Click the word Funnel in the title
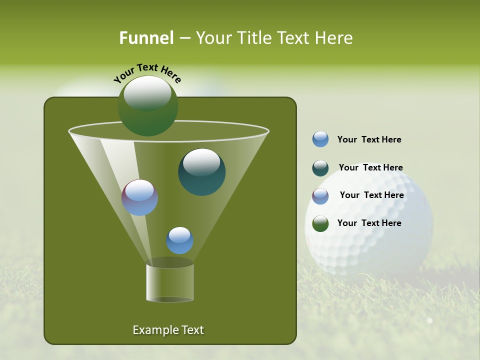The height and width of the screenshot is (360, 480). (x=146, y=38)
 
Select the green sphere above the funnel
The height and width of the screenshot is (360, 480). (x=147, y=106)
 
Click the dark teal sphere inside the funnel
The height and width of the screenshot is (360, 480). (x=201, y=172)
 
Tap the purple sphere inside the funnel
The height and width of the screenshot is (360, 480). (x=140, y=197)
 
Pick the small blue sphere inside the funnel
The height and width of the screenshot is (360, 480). (x=179, y=240)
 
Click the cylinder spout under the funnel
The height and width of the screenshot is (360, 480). (x=170, y=282)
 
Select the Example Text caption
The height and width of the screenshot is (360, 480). (x=168, y=330)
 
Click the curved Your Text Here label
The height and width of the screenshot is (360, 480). (x=147, y=73)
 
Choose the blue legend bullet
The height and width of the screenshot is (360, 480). (x=320, y=139)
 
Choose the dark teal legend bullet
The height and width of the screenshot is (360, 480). (x=320, y=168)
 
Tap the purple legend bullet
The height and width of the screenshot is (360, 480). (x=320, y=196)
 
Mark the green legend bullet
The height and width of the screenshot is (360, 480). (x=320, y=223)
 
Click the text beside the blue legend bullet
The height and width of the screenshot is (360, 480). (x=369, y=140)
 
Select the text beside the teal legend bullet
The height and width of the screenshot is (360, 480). (x=370, y=168)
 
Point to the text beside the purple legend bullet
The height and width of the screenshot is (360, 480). (x=371, y=195)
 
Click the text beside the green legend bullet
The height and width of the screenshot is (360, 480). (x=369, y=223)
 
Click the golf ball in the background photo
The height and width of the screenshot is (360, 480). (x=380, y=235)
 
